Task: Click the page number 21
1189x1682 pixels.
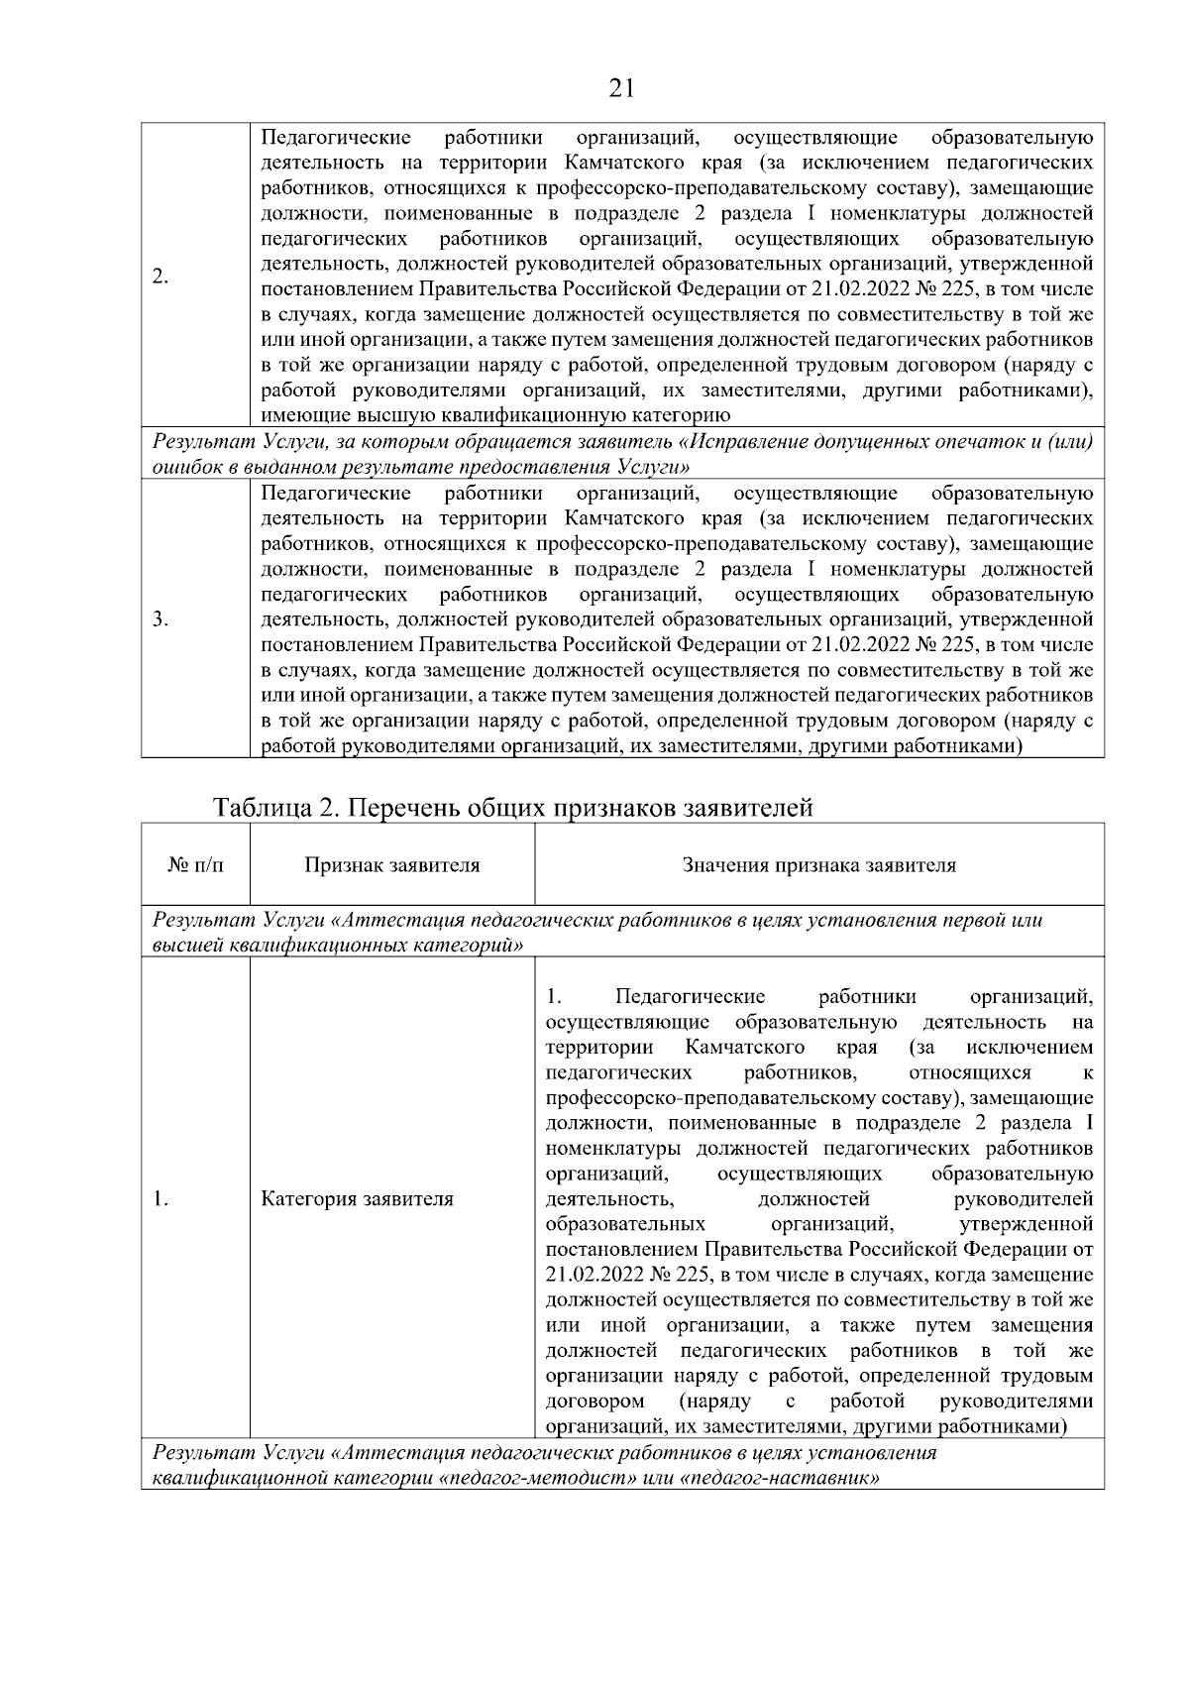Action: [621, 89]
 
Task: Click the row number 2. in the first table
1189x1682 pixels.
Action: [161, 277]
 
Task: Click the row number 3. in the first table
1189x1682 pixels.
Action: [161, 620]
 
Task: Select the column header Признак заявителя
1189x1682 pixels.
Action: [391, 865]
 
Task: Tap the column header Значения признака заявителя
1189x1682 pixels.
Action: [818, 865]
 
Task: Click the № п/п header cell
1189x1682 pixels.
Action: [195, 865]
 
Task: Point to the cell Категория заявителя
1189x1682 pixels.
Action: [357, 1199]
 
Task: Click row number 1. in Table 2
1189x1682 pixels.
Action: [161, 1199]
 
